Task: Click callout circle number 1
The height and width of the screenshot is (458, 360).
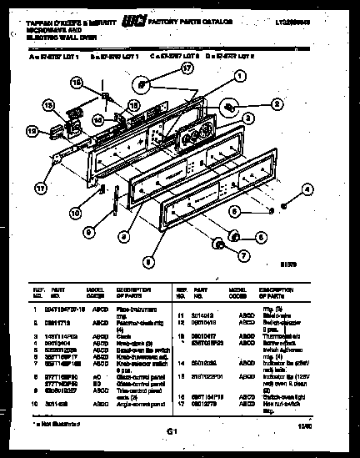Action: pos(239,74)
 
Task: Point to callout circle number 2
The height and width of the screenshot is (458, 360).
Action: pos(276,105)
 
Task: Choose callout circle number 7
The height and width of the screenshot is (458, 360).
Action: pos(243,255)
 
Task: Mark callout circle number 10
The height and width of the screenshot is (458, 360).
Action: pos(76,213)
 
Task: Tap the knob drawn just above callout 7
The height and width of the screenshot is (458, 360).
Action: pos(219,244)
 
